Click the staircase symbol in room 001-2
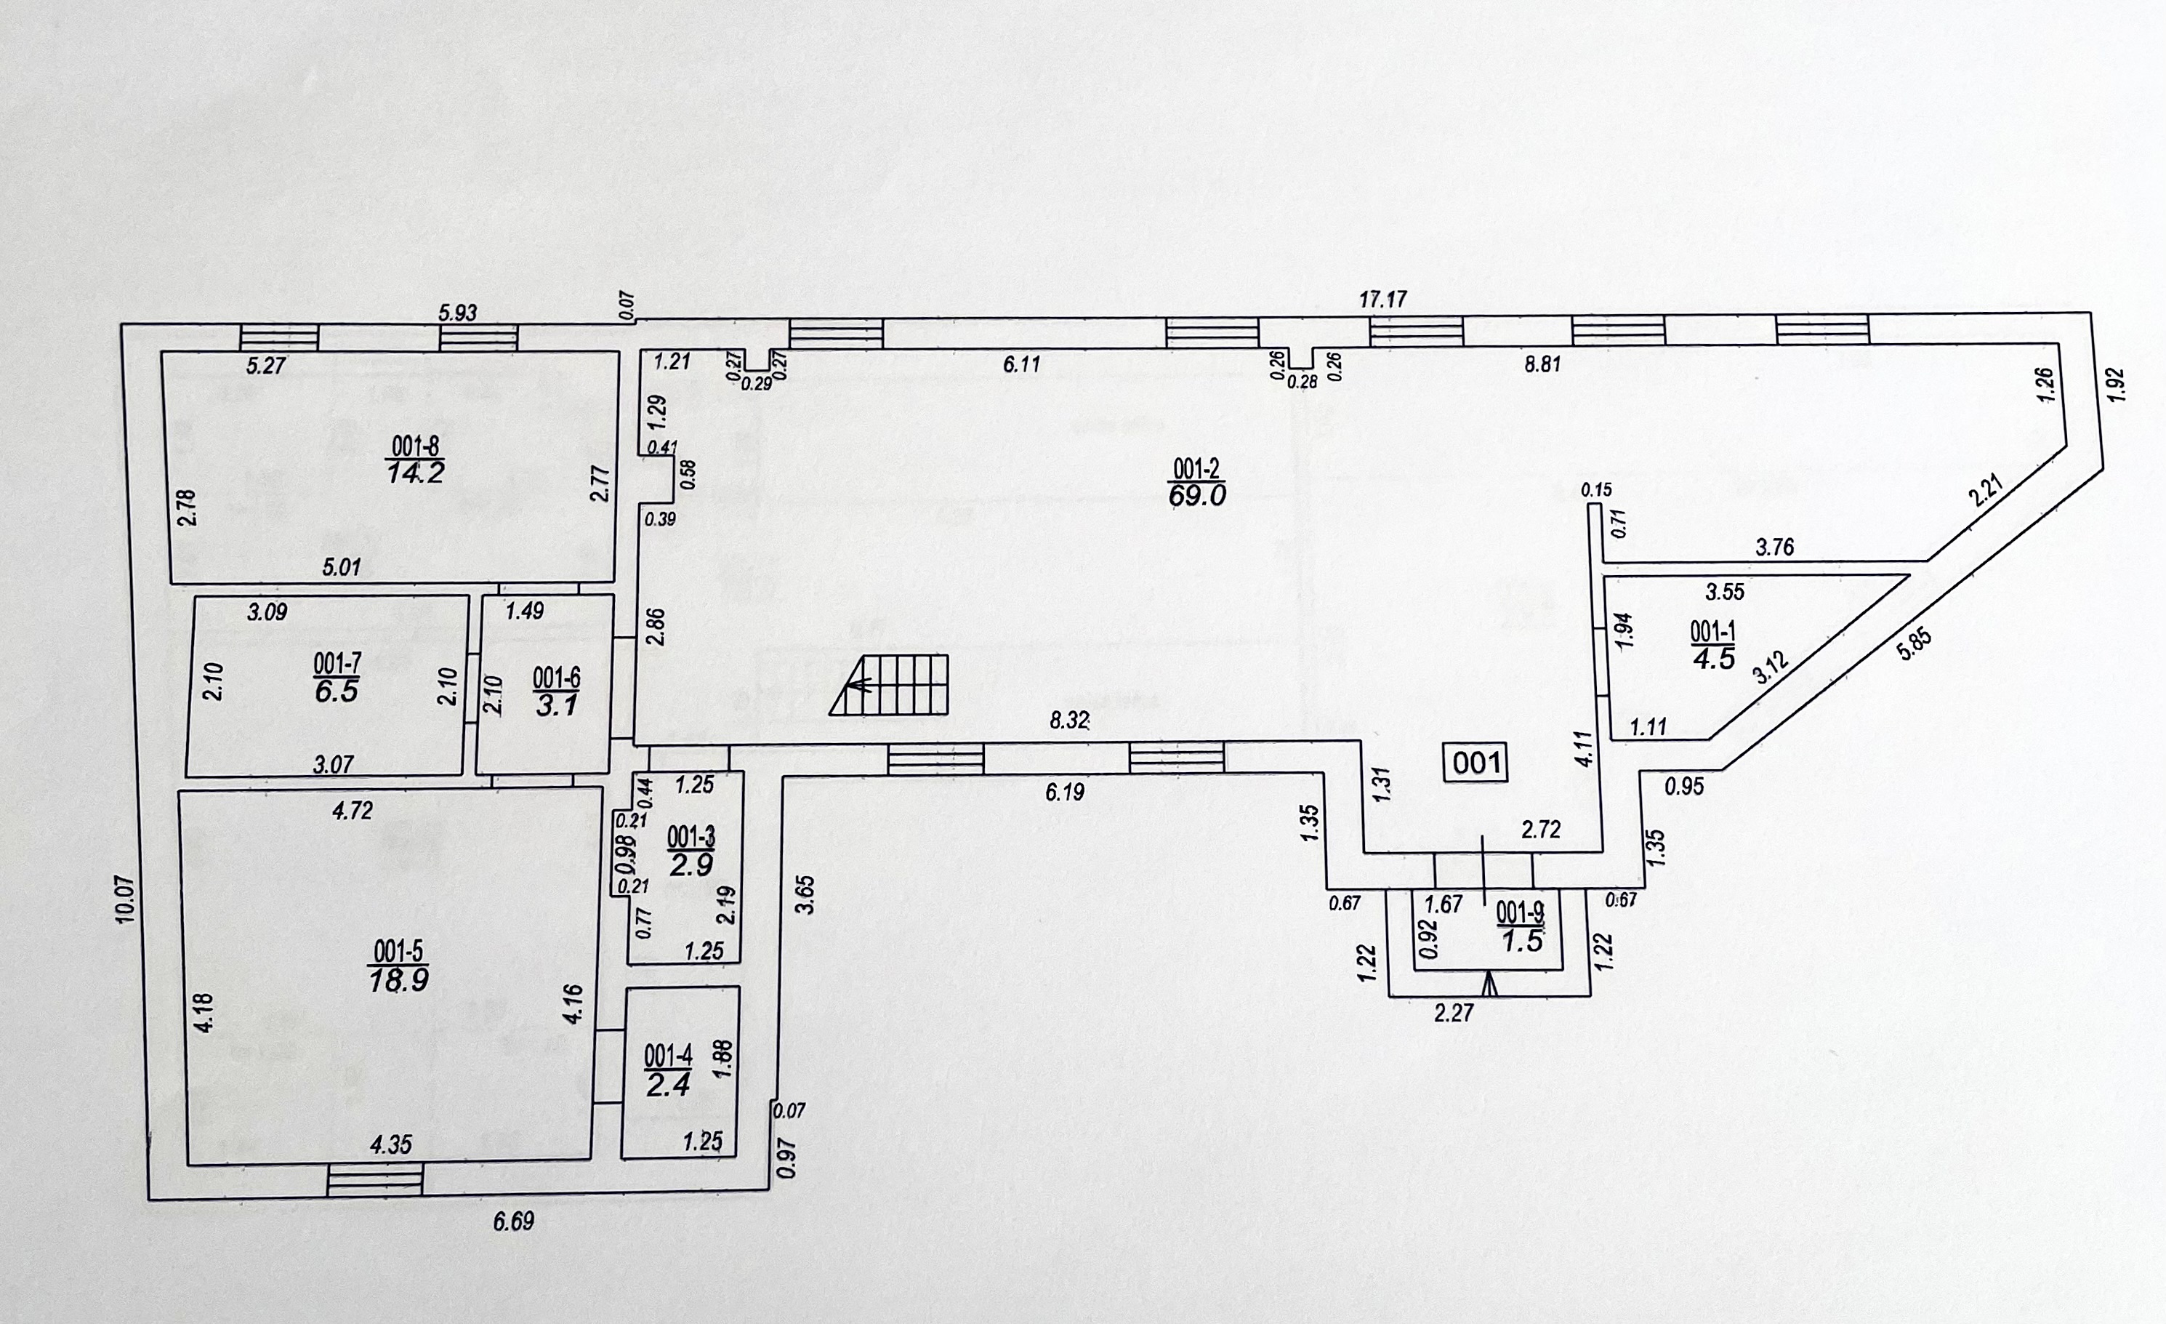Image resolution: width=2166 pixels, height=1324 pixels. click(889, 684)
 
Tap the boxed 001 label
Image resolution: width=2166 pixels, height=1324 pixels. click(1476, 762)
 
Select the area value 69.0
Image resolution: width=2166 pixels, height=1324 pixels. click(1196, 496)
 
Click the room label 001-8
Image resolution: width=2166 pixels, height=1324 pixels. click(415, 446)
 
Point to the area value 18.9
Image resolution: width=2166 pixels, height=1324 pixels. click(398, 980)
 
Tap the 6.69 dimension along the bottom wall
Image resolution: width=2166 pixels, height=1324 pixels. click(513, 1221)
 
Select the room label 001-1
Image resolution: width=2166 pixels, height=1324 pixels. click(1712, 630)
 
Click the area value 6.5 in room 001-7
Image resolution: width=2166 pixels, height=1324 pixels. click(337, 691)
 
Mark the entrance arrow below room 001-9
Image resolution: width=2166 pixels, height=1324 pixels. click(1489, 984)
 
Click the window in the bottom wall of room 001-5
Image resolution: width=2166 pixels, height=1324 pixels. click(375, 1180)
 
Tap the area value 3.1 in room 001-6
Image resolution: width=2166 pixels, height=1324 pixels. click(557, 705)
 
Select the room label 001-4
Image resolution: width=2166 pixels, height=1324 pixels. click(668, 1055)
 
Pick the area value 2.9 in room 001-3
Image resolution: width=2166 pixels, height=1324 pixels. click(691, 865)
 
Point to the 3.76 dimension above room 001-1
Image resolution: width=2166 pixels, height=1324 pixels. click(1775, 547)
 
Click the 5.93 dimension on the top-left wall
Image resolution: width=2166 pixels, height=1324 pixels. click(458, 312)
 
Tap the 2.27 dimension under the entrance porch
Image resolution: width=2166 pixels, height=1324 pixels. click(1454, 1013)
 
